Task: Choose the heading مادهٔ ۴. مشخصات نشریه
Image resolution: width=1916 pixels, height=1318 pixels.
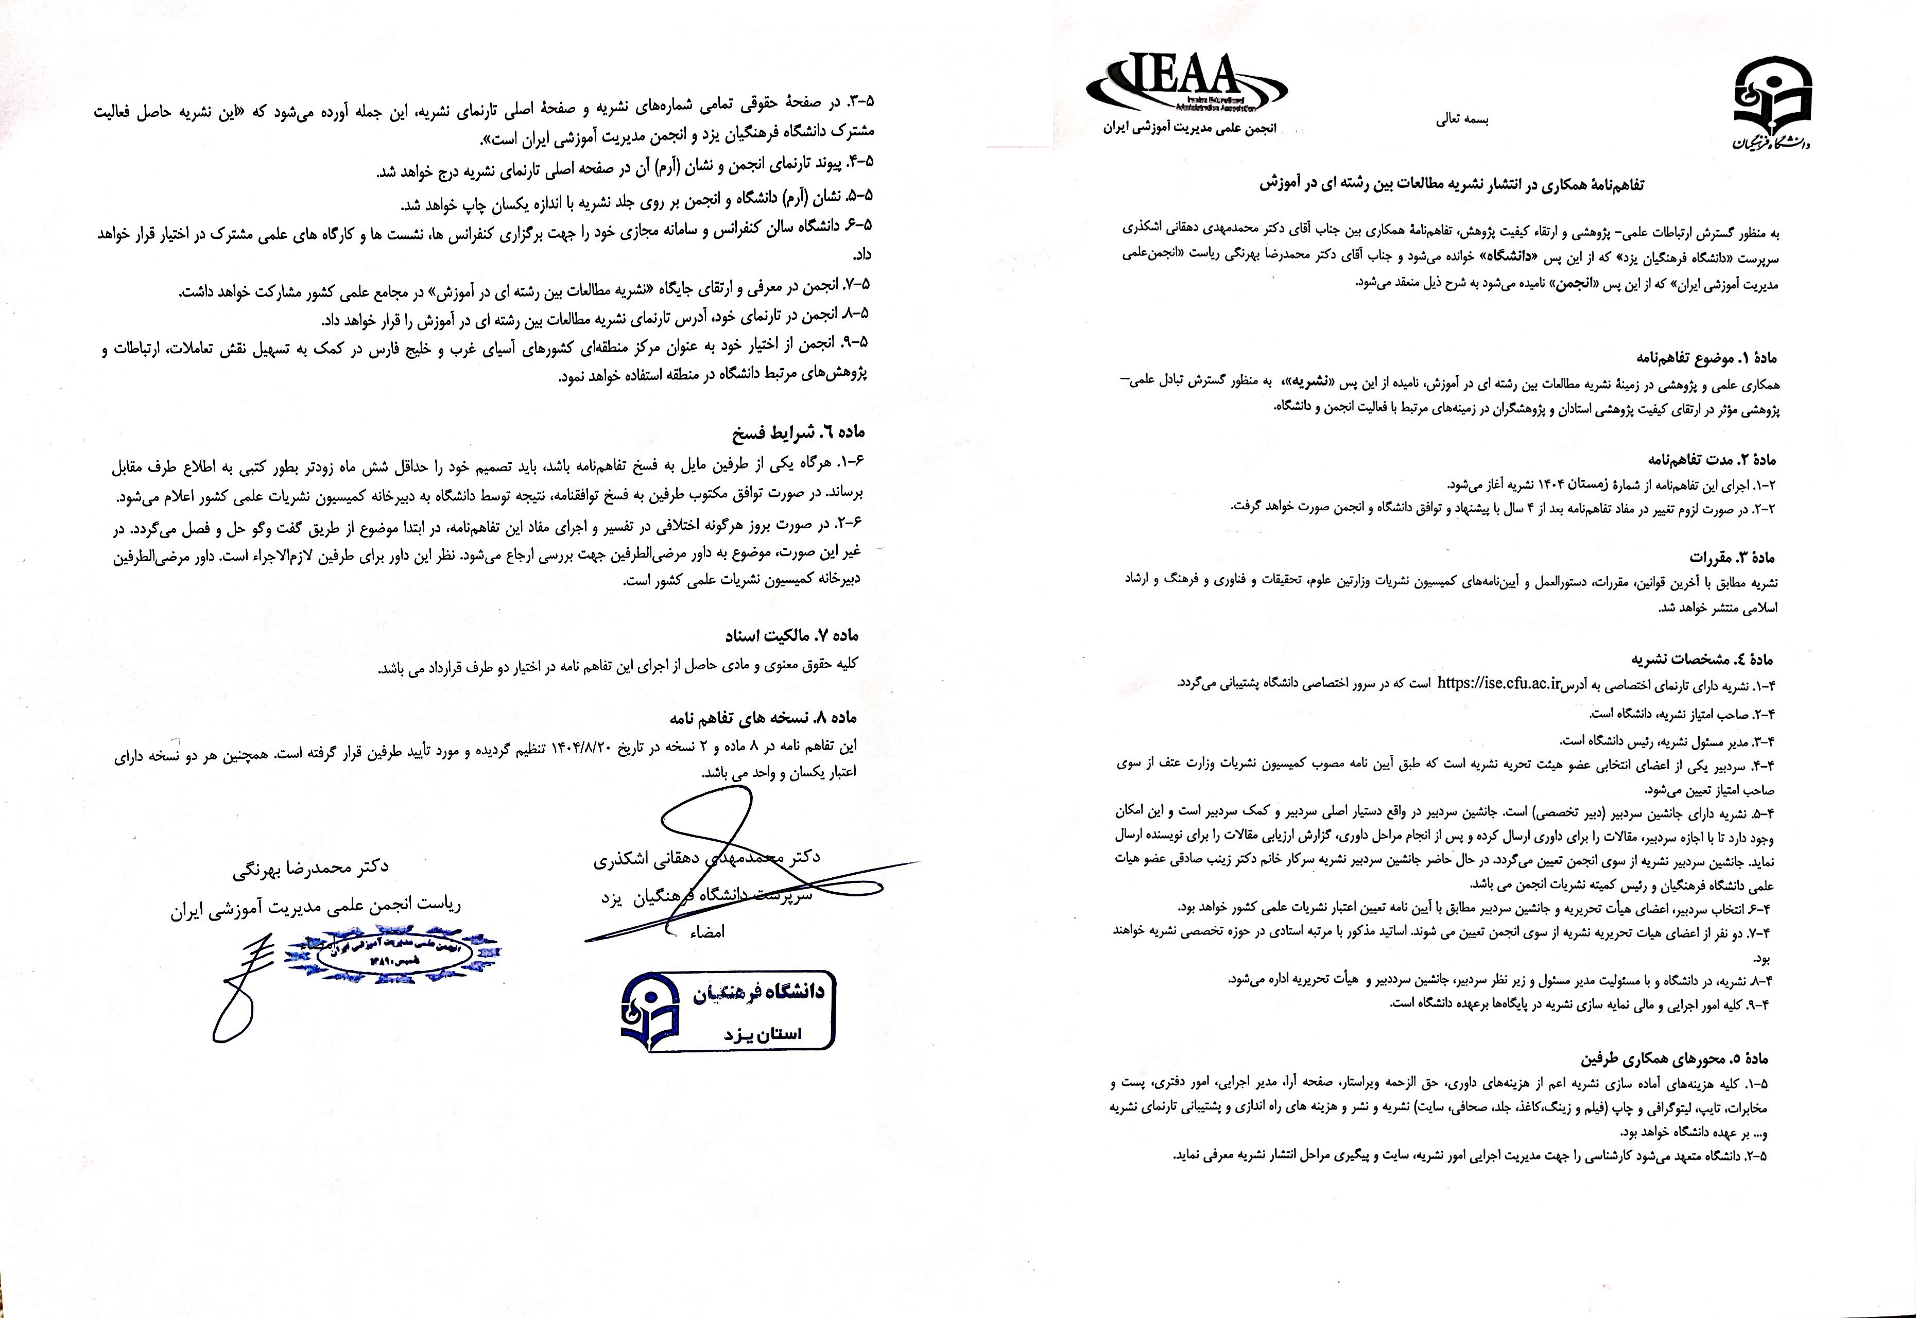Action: coord(1702,659)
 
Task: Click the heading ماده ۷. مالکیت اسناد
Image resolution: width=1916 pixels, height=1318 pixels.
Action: coord(792,636)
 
